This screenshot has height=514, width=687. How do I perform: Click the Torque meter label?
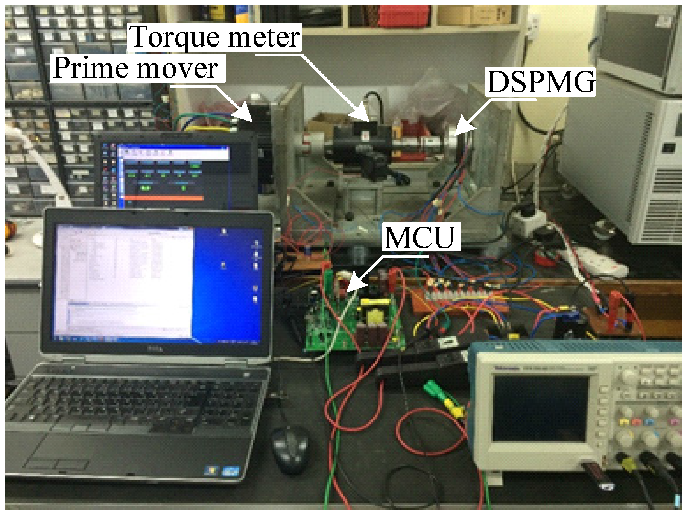tap(215, 37)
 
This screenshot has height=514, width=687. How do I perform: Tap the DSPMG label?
tap(541, 82)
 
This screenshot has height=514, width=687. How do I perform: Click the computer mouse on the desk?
tap(290, 449)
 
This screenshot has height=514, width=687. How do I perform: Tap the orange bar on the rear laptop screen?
tap(164, 197)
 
